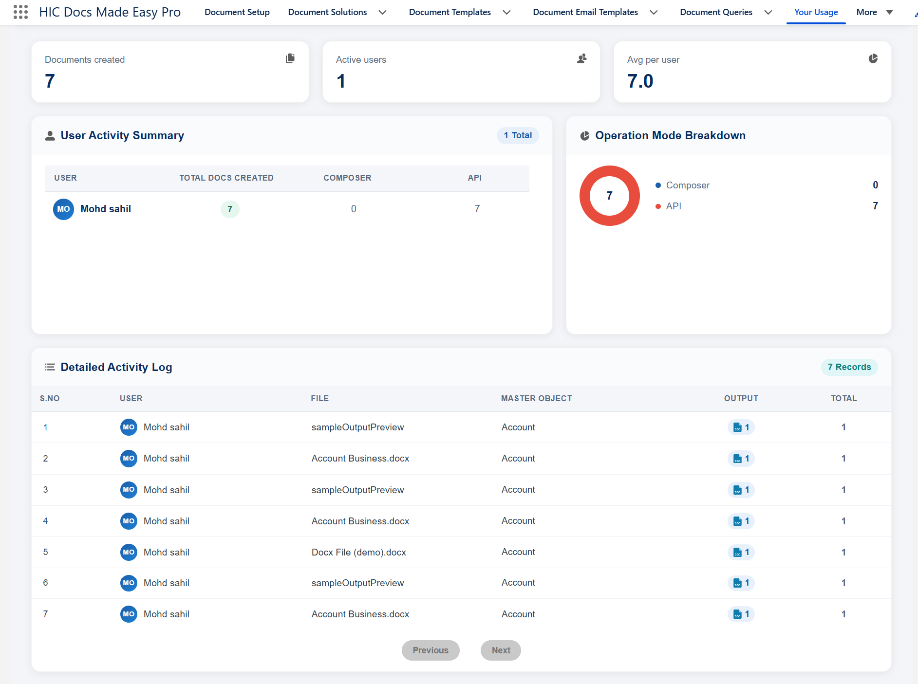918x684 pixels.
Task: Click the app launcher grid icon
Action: [x=20, y=12]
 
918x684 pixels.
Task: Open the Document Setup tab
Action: [x=237, y=12]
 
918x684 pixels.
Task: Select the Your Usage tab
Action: [x=816, y=12]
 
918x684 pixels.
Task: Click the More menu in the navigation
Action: [x=875, y=12]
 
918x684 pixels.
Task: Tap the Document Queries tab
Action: [x=716, y=12]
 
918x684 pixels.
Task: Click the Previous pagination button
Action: [x=431, y=650]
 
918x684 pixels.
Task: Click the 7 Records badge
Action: [x=849, y=367]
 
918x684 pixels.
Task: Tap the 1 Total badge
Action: [x=518, y=135]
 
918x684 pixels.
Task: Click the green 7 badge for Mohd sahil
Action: [x=230, y=209]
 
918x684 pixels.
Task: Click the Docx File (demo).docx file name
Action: [x=359, y=552]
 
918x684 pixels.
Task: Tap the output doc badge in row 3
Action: [x=741, y=490]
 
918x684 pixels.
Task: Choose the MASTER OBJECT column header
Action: [x=537, y=398]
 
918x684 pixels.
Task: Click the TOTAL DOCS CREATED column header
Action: [x=226, y=178]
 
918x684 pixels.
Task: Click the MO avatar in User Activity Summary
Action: [x=63, y=209]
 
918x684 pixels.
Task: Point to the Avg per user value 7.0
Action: [x=640, y=81]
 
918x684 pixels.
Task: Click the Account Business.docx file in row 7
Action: [x=360, y=614]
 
